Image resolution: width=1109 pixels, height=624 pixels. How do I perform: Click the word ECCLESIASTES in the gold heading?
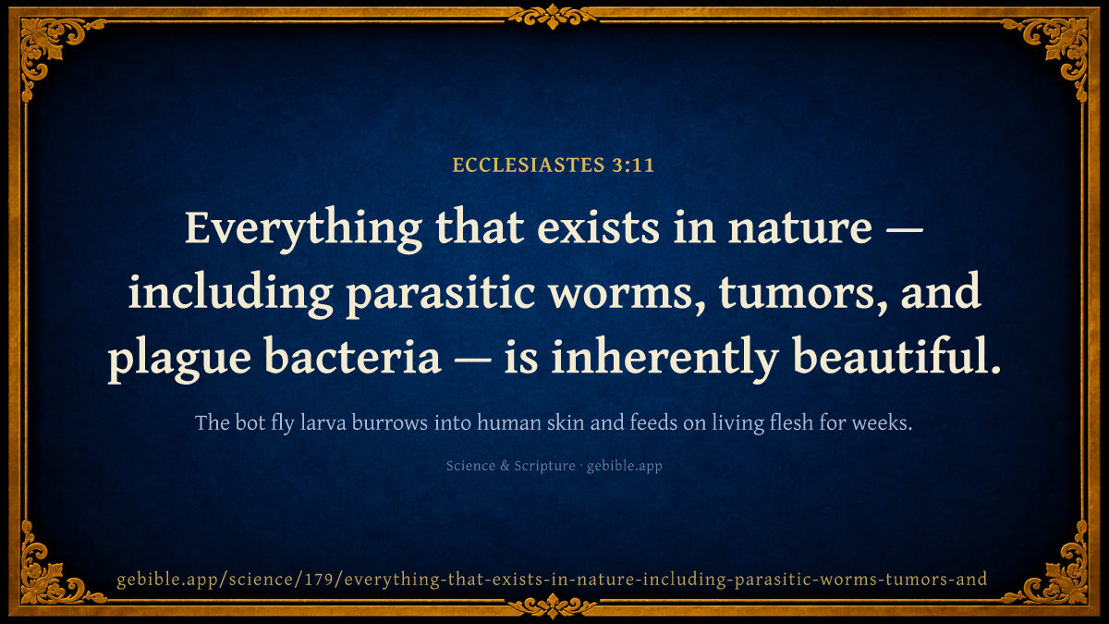click(x=529, y=165)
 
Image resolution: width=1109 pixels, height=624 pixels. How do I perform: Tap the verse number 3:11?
click(x=633, y=165)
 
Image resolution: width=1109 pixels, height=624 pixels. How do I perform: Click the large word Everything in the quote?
click(x=303, y=229)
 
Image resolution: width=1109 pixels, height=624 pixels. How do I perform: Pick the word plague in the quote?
click(x=179, y=358)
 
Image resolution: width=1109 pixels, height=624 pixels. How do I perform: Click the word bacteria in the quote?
click(x=352, y=356)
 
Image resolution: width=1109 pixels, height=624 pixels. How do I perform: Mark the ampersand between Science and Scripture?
click(x=505, y=466)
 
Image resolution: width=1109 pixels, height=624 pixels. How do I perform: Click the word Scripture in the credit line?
click(x=544, y=467)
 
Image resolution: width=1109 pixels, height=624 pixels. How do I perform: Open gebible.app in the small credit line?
click(x=625, y=467)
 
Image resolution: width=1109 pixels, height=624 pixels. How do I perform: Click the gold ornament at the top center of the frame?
click(x=553, y=17)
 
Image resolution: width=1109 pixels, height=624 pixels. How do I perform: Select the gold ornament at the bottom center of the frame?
click(x=553, y=606)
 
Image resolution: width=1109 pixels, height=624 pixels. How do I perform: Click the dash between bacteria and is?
click(x=472, y=360)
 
